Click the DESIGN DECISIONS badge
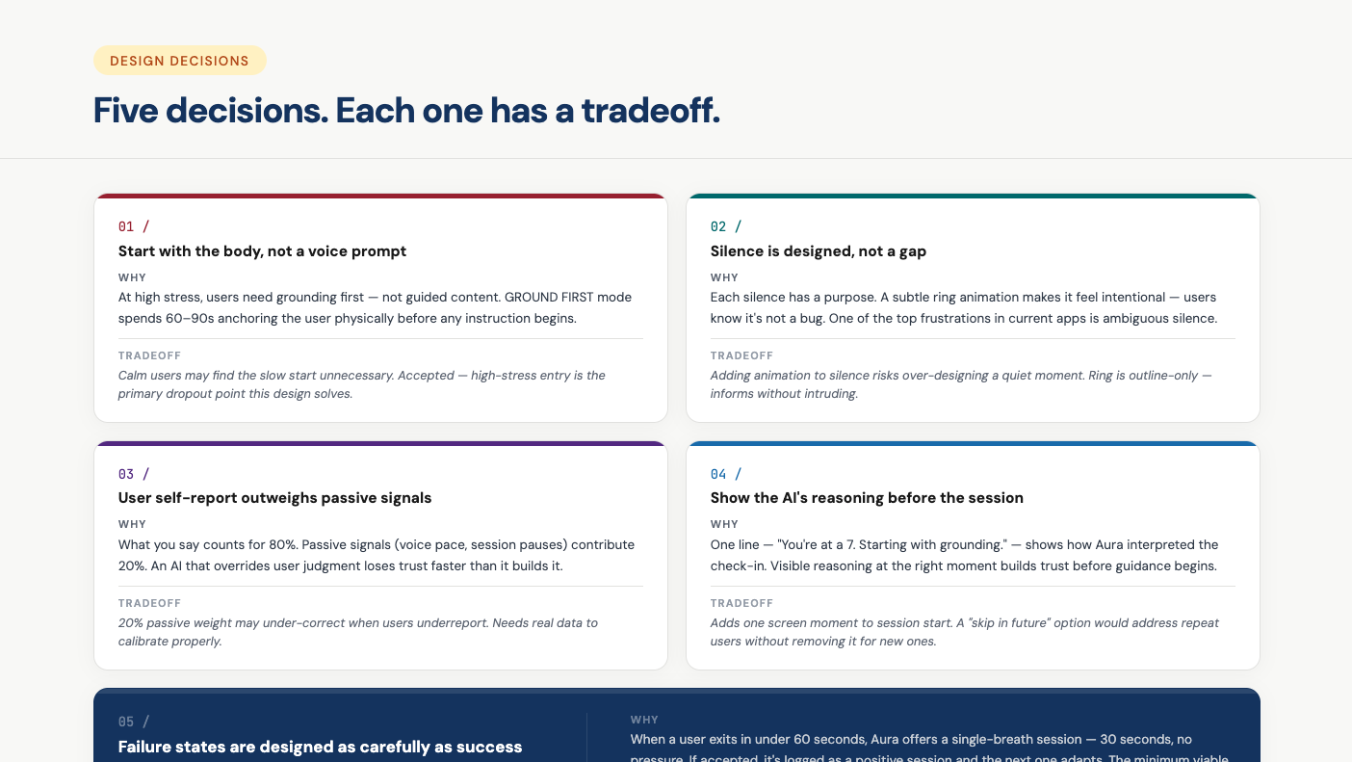[179, 61]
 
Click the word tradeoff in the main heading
[650, 111]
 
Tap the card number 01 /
[134, 226]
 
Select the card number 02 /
[726, 226]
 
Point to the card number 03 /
[134, 474]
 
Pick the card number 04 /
[726, 474]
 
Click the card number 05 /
[134, 722]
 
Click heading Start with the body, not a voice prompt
[262, 251]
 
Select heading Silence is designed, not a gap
[818, 251]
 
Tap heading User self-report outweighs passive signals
[274, 498]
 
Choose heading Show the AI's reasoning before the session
[867, 498]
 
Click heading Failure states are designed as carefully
[320, 747]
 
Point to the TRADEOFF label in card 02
[741, 355]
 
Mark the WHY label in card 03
[132, 524]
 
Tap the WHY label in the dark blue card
[644, 720]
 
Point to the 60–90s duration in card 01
[187, 319]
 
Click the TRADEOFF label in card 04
[741, 603]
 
